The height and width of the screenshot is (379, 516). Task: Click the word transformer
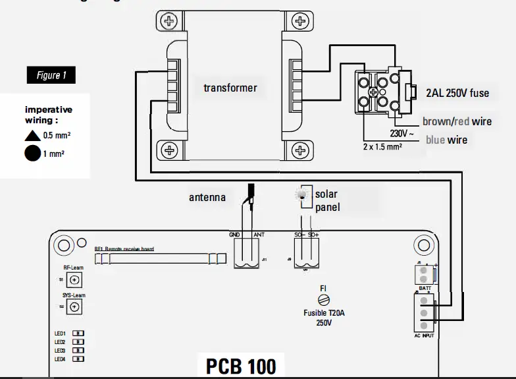coord(230,88)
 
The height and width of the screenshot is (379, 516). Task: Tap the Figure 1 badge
coord(51,75)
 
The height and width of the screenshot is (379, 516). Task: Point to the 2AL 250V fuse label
coord(457,93)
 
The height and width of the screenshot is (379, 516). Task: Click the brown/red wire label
coord(457,121)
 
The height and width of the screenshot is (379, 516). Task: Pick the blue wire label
coord(446,140)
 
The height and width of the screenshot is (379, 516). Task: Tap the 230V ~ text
coord(403,132)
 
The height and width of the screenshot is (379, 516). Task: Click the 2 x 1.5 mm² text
coord(382,147)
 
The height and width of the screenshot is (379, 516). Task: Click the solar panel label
coord(326,201)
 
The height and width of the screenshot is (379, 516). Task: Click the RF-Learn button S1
coord(75,279)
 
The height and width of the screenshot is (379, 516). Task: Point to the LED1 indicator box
coord(78,334)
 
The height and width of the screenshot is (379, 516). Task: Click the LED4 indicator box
coord(78,359)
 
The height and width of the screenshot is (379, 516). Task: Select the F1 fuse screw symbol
coord(324,300)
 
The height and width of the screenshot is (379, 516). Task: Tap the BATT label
coord(425,289)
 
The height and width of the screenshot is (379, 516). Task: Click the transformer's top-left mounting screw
coord(170,21)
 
